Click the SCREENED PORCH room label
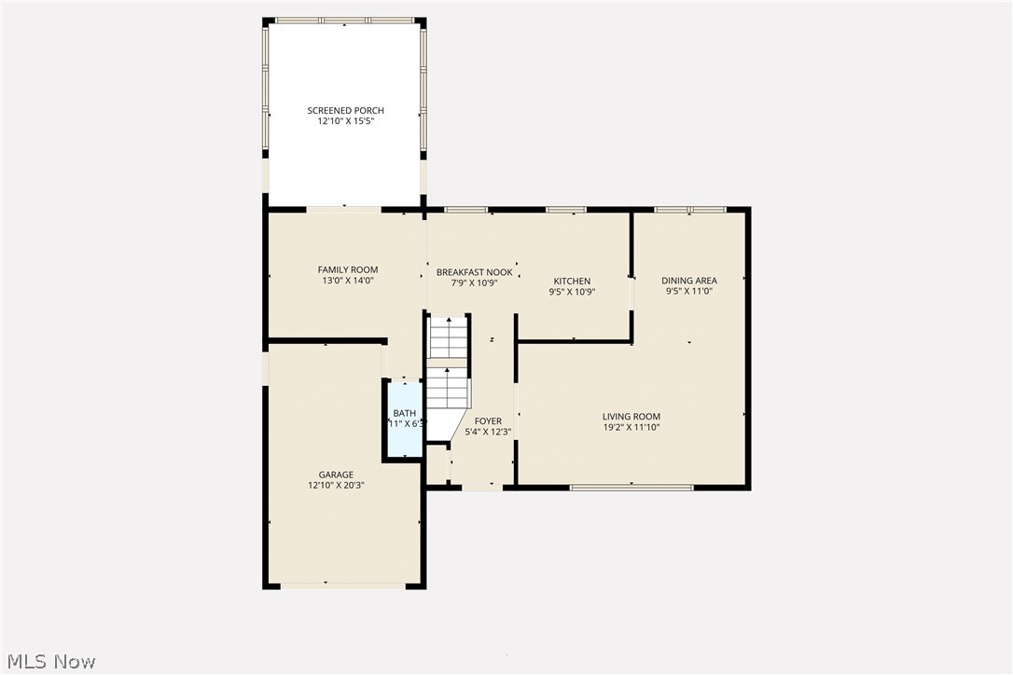click(x=345, y=111)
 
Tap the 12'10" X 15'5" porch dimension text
click(x=345, y=122)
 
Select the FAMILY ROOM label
click(x=347, y=270)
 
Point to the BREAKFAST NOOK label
click(x=474, y=272)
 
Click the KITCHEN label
click(x=572, y=281)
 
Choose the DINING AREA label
click(x=689, y=281)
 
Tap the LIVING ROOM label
click(x=631, y=417)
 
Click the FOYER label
click(x=488, y=421)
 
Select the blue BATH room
click(x=405, y=420)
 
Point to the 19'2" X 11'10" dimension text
click(x=631, y=428)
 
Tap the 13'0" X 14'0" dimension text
click(x=347, y=282)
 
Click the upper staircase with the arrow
click(x=448, y=337)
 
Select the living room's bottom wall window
click(x=631, y=487)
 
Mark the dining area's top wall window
click(x=690, y=210)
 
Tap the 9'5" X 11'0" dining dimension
click(x=689, y=292)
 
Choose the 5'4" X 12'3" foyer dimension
click(x=488, y=433)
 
